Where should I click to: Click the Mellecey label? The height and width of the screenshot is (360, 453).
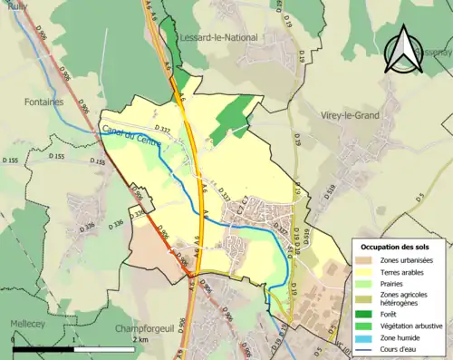(x=27, y=323)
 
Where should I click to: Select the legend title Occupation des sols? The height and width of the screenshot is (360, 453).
(x=396, y=247)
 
